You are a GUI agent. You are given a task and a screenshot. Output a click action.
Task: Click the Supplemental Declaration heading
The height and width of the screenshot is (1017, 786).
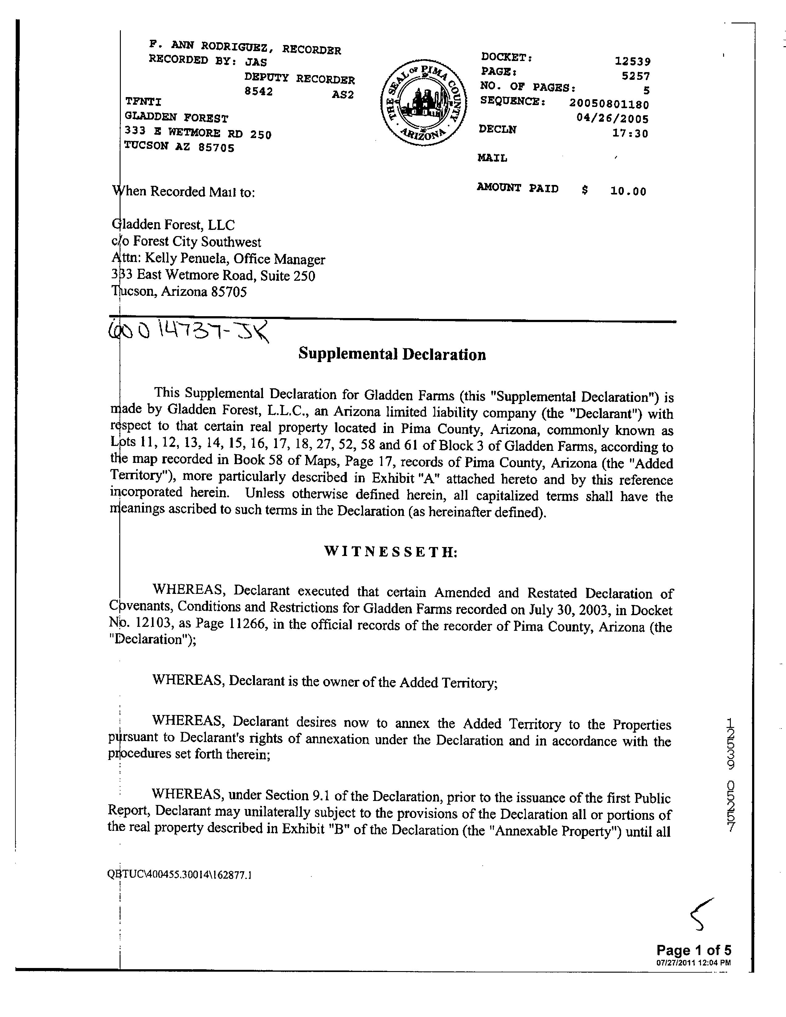pyautogui.click(x=392, y=354)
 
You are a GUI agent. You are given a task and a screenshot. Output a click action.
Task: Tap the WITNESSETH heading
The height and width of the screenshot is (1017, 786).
pyautogui.click(x=391, y=552)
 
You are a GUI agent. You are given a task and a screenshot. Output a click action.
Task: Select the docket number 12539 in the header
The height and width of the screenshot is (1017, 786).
pyautogui.click(x=632, y=61)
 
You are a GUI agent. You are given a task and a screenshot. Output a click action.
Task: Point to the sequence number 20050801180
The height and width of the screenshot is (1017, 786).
pyautogui.click(x=609, y=104)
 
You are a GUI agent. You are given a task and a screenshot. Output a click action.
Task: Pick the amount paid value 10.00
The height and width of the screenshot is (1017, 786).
pyautogui.click(x=628, y=191)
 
